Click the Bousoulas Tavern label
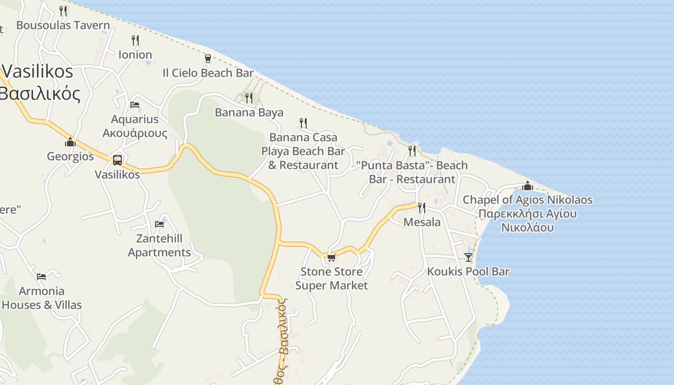[63, 25]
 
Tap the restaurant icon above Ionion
[135, 40]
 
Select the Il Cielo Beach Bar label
[208, 73]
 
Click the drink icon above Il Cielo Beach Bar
[208, 58]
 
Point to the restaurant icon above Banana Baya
[249, 98]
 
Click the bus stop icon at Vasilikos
[117, 160]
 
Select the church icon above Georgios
[70, 142]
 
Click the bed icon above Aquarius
[135, 104]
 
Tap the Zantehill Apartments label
[159, 245]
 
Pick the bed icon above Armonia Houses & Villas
[41, 276]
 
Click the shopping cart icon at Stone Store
[331, 258]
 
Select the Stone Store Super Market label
[331, 279]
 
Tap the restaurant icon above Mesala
[422, 207]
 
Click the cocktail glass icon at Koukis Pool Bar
[468, 257]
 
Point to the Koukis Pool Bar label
[468, 271]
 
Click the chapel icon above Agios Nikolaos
[528, 185]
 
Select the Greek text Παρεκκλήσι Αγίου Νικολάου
[528, 220]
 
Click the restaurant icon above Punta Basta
[412, 151]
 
